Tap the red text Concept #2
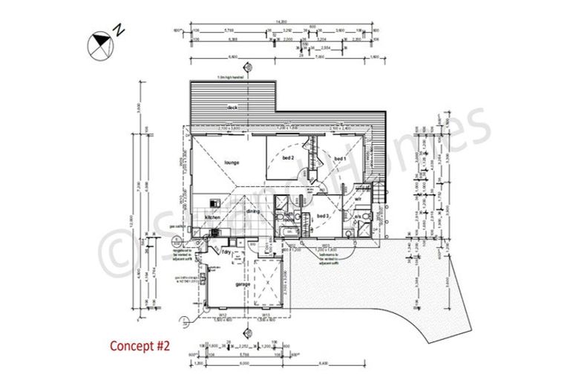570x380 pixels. (140, 345)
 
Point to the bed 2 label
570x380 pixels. (288, 158)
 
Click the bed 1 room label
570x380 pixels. (340, 159)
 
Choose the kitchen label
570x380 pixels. (213, 217)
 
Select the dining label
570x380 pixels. (253, 212)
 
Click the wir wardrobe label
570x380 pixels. (357, 199)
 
